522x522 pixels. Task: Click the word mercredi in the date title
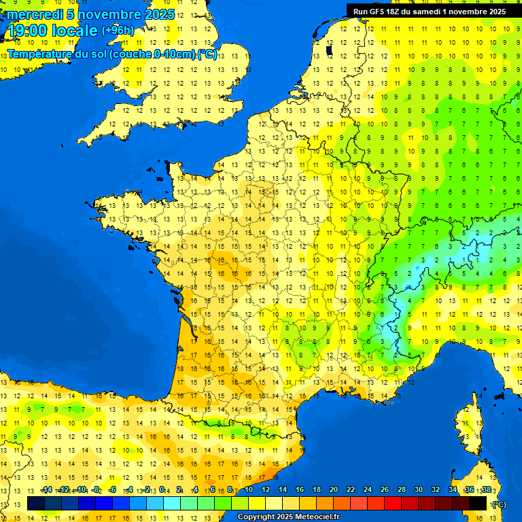[x=34, y=14]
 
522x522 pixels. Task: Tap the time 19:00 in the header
[x=29, y=31]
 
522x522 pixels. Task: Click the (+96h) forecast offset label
[x=118, y=31]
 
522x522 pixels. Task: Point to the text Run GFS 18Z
[x=377, y=12]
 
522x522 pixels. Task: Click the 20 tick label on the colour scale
[x=334, y=490]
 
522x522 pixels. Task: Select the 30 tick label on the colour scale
[x=418, y=490]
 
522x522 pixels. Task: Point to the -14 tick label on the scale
[x=46, y=490]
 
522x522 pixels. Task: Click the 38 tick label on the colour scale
[x=486, y=490]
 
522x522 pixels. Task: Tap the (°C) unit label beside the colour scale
[x=500, y=504]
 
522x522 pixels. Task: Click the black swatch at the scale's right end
[x=478, y=504]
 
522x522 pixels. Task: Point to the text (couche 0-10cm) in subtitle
[x=151, y=54]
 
